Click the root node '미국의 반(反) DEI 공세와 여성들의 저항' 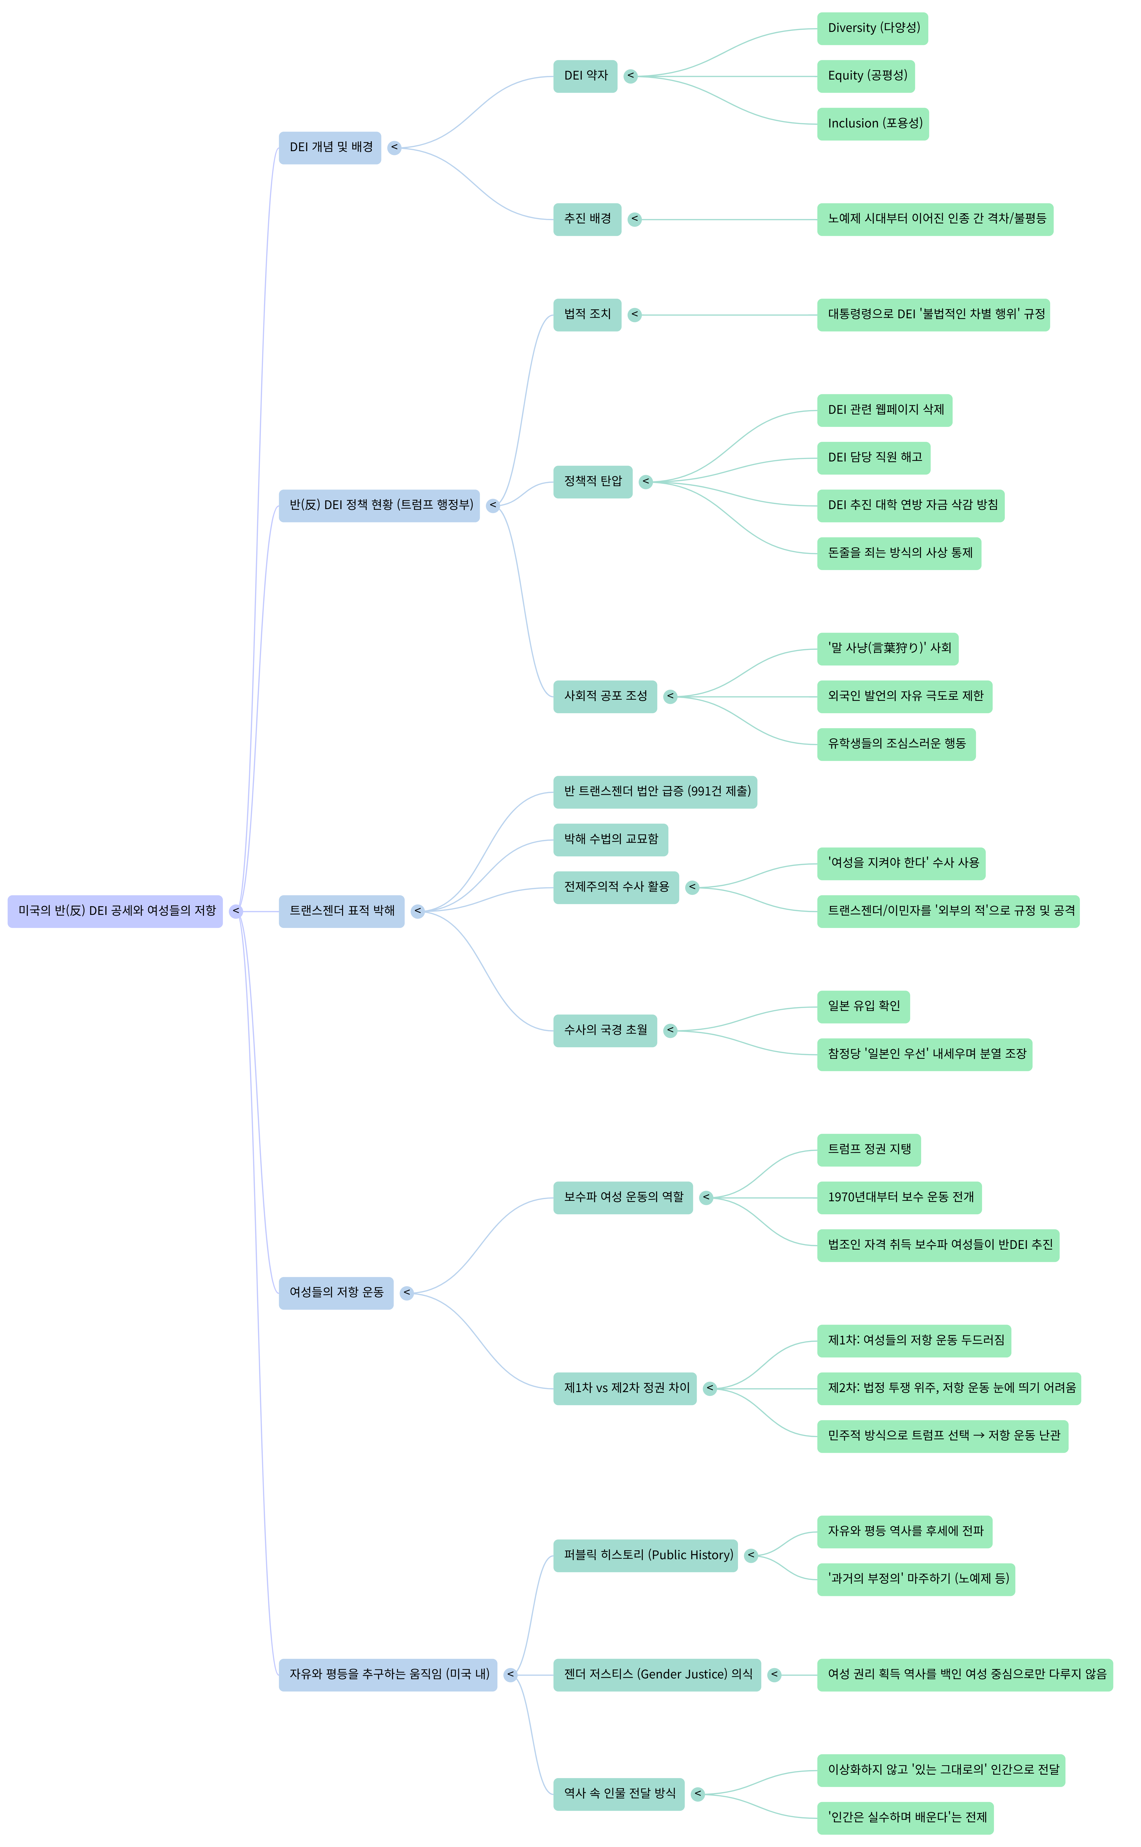[x=116, y=911]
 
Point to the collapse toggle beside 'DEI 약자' [x=631, y=76]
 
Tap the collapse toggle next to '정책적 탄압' [x=646, y=482]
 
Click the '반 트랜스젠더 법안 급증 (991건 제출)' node [x=655, y=792]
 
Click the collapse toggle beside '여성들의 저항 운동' [x=407, y=1293]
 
